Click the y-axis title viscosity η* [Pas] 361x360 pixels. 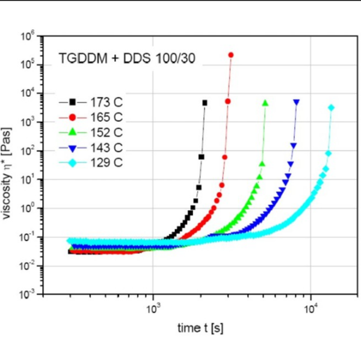coord(11,165)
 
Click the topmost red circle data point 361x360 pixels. coord(231,55)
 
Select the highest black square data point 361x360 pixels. coord(205,103)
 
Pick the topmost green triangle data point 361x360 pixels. coord(265,103)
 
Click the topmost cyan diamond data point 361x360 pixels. coord(332,108)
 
